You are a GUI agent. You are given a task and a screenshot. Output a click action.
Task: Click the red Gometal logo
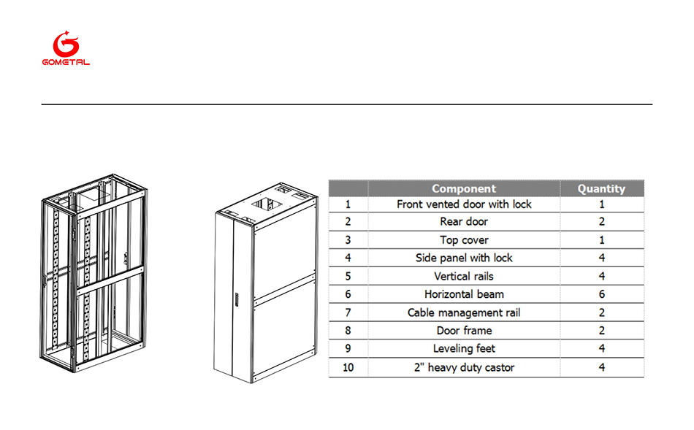[x=66, y=48]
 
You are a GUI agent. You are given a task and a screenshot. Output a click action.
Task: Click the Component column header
[x=464, y=188]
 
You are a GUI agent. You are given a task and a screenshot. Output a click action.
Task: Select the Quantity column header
[x=601, y=188]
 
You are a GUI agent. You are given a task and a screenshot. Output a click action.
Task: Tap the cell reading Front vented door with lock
[x=464, y=204]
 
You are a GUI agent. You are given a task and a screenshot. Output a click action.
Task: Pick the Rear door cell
[x=464, y=222]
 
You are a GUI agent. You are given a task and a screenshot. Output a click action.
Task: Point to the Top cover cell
[x=464, y=240]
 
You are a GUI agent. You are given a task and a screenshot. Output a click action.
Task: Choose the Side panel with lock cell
[x=464, y=258]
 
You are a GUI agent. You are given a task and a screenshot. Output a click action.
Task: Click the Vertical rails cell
[x=464, y=277]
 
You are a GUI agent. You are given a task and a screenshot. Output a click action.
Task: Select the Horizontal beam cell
[x=464, y=294]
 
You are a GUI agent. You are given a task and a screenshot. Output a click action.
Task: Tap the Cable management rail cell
[x=464, y=312]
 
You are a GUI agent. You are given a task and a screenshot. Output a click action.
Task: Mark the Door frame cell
[x=464, y=331]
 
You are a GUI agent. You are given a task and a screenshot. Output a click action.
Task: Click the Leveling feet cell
[x=464, y=349]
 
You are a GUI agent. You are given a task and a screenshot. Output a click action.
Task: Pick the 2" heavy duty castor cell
[x=464, y=367]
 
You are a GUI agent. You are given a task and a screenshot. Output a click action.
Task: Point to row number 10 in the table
[x=348, y=368]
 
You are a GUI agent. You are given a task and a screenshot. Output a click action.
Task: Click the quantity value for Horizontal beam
[x=601, y=294]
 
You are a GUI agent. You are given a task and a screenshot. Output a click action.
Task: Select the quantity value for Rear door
[x=601, y=222]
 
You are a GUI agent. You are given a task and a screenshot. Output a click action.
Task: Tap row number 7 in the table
[x=348, y=312]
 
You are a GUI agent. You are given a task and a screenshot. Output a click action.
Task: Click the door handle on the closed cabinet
[x=237, y=299]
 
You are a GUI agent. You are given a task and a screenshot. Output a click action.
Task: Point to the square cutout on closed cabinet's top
[x=267, y=204]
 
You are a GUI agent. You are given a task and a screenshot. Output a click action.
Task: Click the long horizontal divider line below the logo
[x=347, y=104]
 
